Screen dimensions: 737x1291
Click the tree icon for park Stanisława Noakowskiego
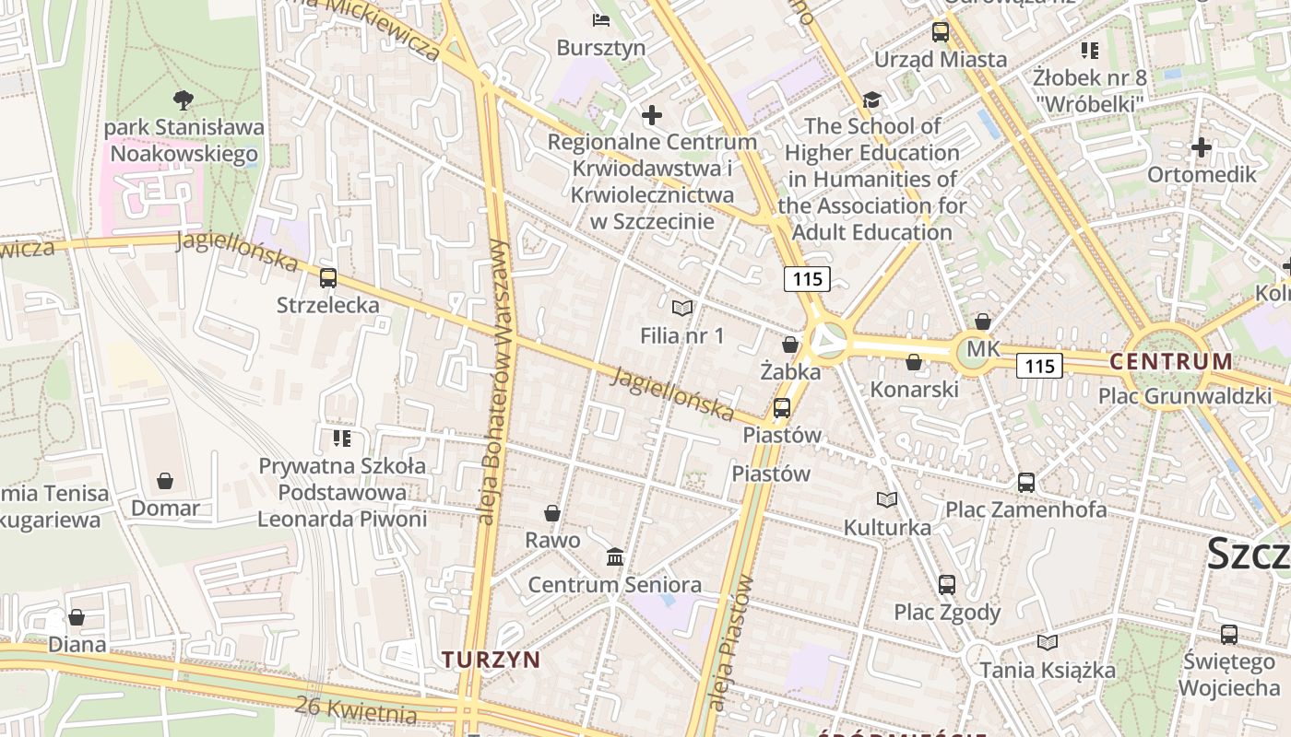click(x=184, y=99)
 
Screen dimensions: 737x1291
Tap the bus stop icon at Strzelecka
click(x=328, y=277)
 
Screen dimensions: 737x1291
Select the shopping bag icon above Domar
click(x=165, y=481)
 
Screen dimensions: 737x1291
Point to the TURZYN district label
click(x=491, y=660)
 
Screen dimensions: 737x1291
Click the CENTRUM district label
click(x=1171, y=361)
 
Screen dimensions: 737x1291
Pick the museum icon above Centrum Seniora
click(x=615, y=556)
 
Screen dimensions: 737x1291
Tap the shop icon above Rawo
click(x=552, y=513)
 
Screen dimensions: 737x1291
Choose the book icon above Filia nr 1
click(x=682, y=308)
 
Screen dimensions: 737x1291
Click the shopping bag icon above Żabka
click(x=790, y=345)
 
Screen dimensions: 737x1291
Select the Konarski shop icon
click(x=914, y=363)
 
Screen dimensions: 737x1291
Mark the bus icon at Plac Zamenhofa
click(x=1026, y=482)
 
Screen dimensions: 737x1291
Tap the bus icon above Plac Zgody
click(x=947, y=584)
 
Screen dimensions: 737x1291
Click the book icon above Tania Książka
click(x=1048, y=642)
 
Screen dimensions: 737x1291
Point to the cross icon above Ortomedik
click(x=1201, y=147)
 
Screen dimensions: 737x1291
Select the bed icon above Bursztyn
click(x=601, y=19)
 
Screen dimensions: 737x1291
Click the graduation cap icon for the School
click(x=871, y=99)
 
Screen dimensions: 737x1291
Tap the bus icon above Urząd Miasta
click(x=941, y=32)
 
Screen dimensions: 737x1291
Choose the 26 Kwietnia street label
click(x=357, y=709)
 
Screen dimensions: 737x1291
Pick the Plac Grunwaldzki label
click(x=1184, y=397)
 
